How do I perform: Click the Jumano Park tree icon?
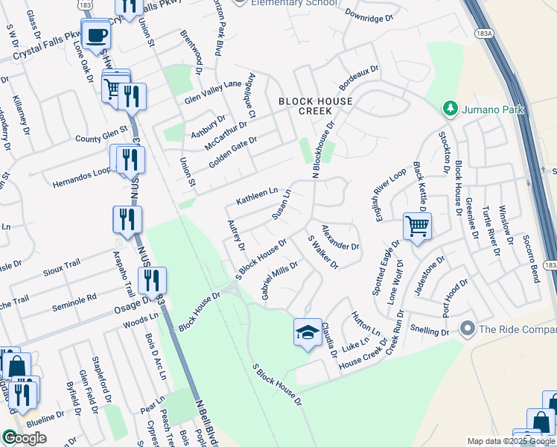450,109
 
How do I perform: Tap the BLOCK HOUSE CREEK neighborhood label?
305,105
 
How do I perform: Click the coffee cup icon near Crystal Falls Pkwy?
95,35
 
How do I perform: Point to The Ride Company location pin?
468,328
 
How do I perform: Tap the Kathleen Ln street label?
256,197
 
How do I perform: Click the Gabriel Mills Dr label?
280,280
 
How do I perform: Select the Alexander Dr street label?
340,236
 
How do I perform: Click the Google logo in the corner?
25,438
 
